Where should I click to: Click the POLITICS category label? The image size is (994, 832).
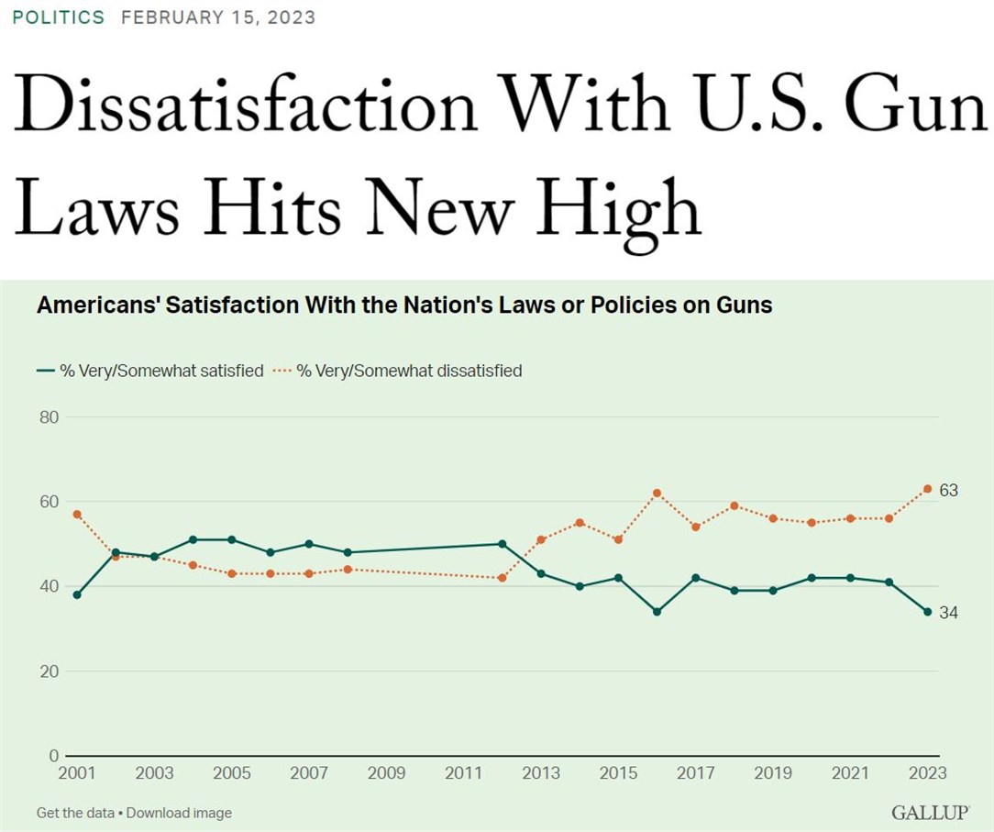[59, 18]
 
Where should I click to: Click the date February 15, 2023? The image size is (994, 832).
[218, 18]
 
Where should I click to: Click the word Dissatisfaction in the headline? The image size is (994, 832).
[246, 104]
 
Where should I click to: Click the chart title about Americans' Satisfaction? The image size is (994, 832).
[404, 305]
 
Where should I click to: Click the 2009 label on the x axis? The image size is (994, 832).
[386, 773]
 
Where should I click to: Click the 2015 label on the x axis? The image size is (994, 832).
[618, 773]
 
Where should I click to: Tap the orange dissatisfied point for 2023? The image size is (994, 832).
[927, 489]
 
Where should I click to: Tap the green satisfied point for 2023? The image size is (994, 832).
[927, 612]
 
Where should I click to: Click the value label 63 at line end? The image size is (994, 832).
[948, 491]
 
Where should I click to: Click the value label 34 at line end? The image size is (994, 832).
[948, 613]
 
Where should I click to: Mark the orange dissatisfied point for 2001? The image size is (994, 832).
[77, 514]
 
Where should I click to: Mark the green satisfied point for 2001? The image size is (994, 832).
[77, 594]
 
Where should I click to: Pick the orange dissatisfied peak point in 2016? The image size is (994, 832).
[657, 493]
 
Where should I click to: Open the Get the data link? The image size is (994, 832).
[75, 813]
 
